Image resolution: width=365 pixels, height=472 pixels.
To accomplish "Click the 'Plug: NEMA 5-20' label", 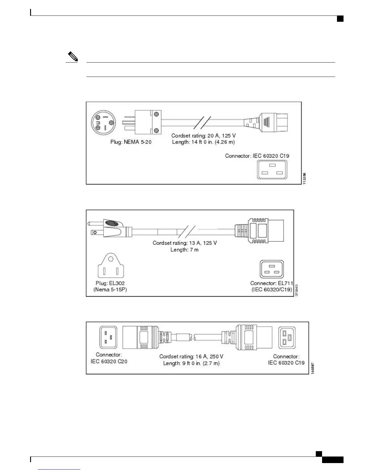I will tap(131, 142).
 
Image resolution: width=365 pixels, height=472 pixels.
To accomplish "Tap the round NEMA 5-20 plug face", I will tap(103, 123).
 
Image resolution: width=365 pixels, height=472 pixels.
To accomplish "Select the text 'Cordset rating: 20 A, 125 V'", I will tap(203, 136).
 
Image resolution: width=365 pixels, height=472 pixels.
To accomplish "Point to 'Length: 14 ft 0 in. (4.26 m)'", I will tap(203, 142).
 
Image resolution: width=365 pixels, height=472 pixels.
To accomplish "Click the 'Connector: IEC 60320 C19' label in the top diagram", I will tap(257, 156).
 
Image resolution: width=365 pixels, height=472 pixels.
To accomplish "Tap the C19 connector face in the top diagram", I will tap(272, 170).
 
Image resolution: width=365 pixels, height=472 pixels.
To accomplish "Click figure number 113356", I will tap(304, 179).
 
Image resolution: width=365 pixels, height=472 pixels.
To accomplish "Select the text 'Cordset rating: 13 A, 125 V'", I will tap(185, 243).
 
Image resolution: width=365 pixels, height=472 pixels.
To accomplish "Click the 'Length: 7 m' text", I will tap(184, 250).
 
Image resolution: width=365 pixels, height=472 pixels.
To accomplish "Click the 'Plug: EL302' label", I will tap(110, 283).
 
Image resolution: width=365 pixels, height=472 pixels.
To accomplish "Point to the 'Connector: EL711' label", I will tap(271, 283).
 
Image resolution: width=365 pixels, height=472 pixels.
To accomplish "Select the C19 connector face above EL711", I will tap(272, 269).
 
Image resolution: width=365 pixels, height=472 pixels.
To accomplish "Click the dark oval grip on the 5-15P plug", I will tap(111, 223).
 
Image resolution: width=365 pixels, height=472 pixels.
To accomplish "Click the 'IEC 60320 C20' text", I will tap(109, 361).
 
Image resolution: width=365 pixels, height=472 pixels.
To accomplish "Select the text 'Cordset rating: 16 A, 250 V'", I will tap(191, 356).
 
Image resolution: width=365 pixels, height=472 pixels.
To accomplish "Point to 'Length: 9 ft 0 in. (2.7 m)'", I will tap(191, 363).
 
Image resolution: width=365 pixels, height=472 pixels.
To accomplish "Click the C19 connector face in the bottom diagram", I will tap(287, 338).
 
